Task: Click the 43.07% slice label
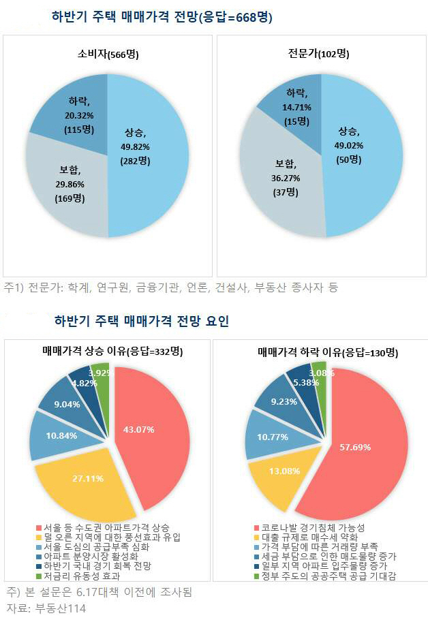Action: pos(138,429)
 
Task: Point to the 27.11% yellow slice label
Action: pos(88,478)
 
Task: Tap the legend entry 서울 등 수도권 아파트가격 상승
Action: pos(102,528)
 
